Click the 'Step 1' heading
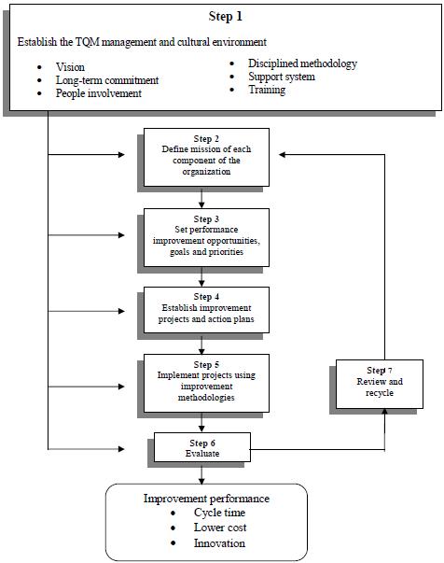coord(225,16)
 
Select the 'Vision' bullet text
coord(70,67)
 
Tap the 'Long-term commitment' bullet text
coord(107,80)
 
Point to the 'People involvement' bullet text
coord(99,93)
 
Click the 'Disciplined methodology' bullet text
coord(303,63)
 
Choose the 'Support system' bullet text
coord(282,77)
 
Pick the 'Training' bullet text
coord(267,90)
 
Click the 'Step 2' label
coord(206,138)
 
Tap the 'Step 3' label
coord(206,219)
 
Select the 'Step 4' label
coord(206,297)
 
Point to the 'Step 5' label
coord(206,364)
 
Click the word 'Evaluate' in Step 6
coord(202,454)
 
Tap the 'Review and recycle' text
coord(380,387)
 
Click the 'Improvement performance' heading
coord(206,499)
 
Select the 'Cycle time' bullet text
coord(219,513)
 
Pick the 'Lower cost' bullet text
coord(220,528)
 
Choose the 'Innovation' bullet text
coord(219,543)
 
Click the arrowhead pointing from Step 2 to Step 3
coord(201,204)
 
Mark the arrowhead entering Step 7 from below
coord(385,412)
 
